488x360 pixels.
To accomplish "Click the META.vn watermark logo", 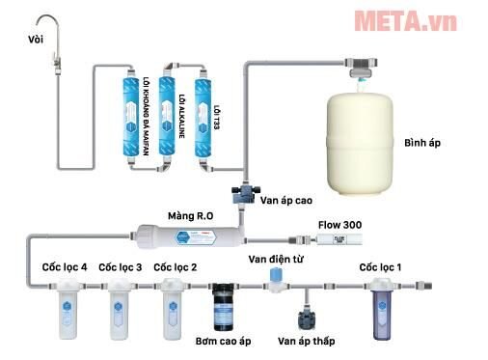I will pos(418,19).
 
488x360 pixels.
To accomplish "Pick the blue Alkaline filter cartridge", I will pos(170,114).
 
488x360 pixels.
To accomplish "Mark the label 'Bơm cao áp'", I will pos(227,341).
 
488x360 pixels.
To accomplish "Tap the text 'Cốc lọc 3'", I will pos(121,267).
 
